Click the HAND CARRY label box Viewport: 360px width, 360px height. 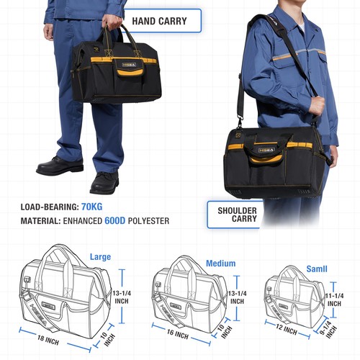(159, 21)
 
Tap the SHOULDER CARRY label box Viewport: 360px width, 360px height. (233, 214)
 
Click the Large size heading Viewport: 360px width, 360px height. (100, 256)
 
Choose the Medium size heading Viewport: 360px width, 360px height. (220, 264)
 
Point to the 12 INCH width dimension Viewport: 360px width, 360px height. (286, 330)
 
